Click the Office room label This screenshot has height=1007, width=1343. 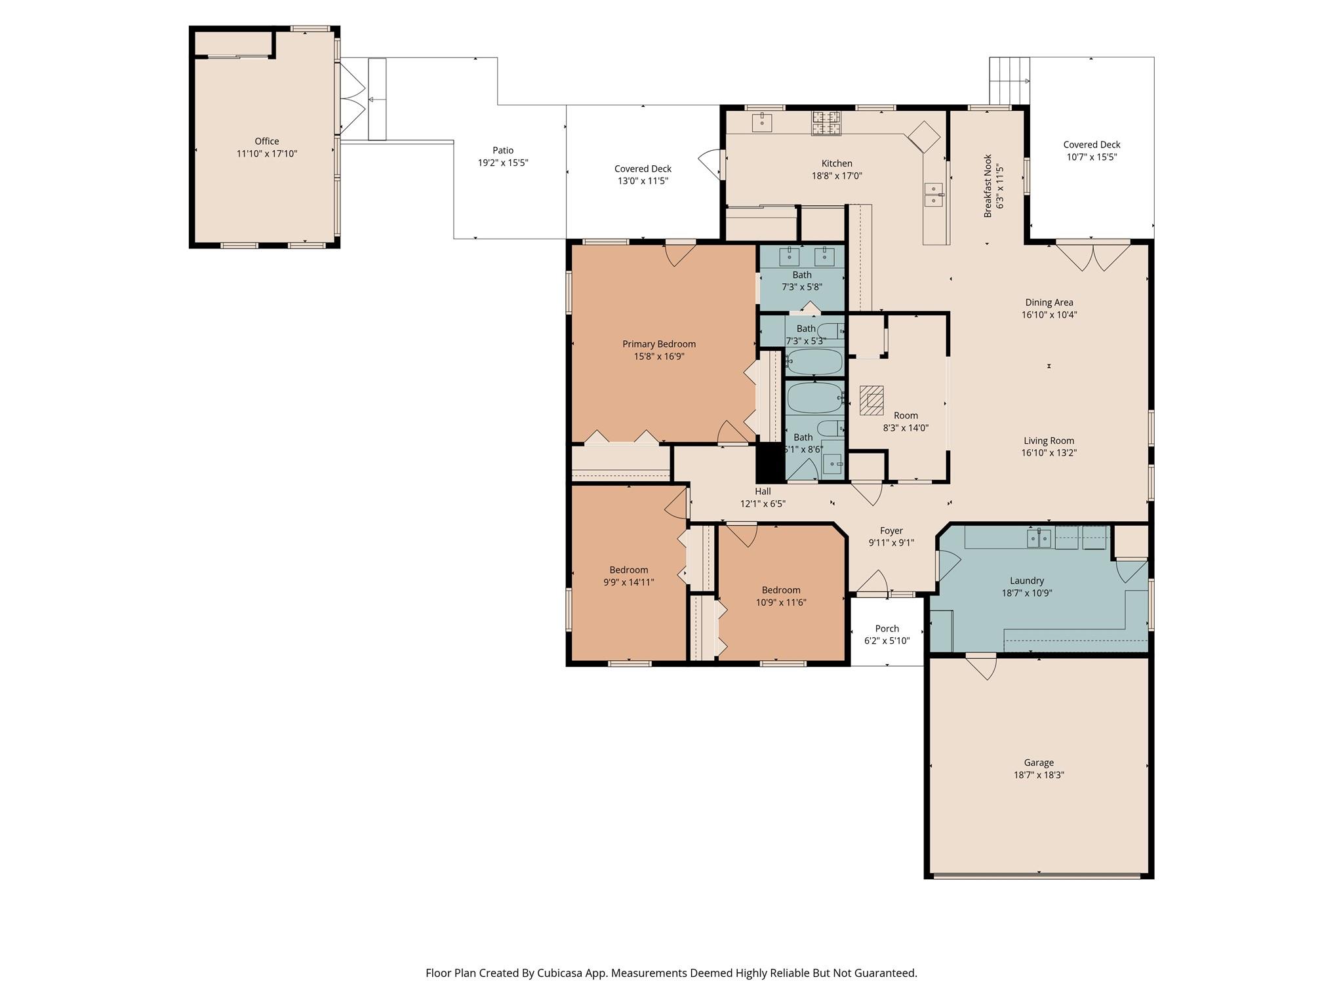[x=267, y=141]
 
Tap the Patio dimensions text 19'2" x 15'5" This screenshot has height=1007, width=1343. [x=503, y=163]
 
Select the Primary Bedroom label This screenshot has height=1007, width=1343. [x=659, y=344]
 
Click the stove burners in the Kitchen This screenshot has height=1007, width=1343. [x=826, y=123]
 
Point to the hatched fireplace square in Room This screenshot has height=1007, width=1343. [x=872, y=400]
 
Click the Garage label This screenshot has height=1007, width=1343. [x=1039, y=762]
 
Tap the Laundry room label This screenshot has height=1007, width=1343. [x=1027, y=580]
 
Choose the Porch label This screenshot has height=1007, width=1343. [x=887, y=628]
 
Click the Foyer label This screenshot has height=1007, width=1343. [x=891, y=530]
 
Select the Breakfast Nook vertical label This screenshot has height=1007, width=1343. [x=988, y=186]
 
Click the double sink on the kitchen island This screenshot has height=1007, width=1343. [x=934, y=195]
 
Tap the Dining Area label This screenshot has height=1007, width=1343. [x=1049, y=302]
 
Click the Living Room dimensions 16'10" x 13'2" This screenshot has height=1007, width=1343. [x=1049, y=452]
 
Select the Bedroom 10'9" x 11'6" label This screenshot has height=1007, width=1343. [x=781, y=589]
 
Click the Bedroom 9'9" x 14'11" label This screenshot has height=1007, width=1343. [x=629, y=570]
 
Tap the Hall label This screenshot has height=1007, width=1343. [x=763, y=491]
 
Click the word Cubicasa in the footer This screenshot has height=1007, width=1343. [x=561, y=973]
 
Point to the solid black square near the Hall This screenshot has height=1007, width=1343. [x=771, y=463]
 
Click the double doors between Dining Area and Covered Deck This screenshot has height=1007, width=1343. [x=1093, y=257]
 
